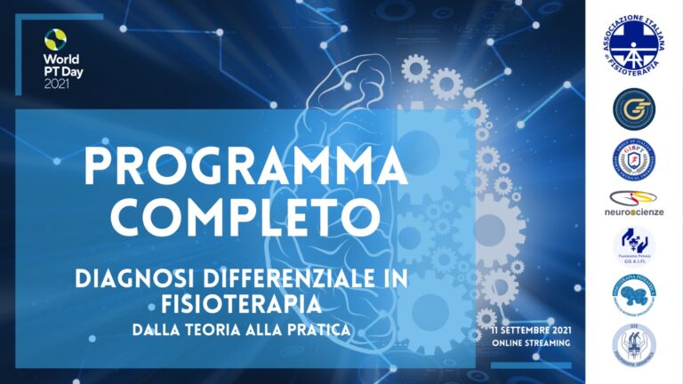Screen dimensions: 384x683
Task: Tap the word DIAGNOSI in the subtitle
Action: coord(128,279)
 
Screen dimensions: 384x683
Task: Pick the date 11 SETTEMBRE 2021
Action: coord(531,330)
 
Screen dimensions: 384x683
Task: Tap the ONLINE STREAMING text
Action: coord(531,343)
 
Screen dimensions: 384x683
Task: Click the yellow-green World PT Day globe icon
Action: coord(55,38)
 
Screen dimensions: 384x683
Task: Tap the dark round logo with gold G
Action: coord(633,109)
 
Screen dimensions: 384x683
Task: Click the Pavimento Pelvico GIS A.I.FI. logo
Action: coord(633,246)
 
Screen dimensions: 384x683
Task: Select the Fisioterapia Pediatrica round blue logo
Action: coord(633,294)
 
